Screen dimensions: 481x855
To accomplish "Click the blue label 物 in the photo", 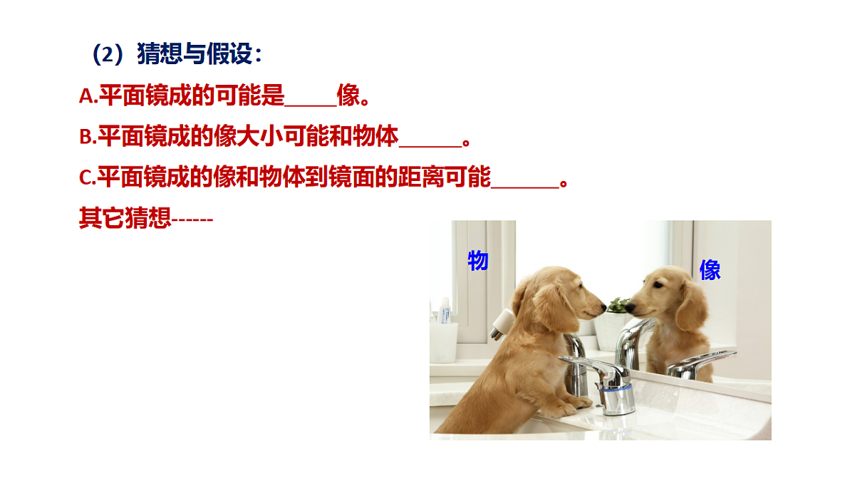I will click(478, 261).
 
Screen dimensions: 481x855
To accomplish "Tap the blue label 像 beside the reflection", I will click(710, 270).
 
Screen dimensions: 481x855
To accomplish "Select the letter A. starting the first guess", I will click(88, 97).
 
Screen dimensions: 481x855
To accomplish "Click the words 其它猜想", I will click(125, 219).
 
